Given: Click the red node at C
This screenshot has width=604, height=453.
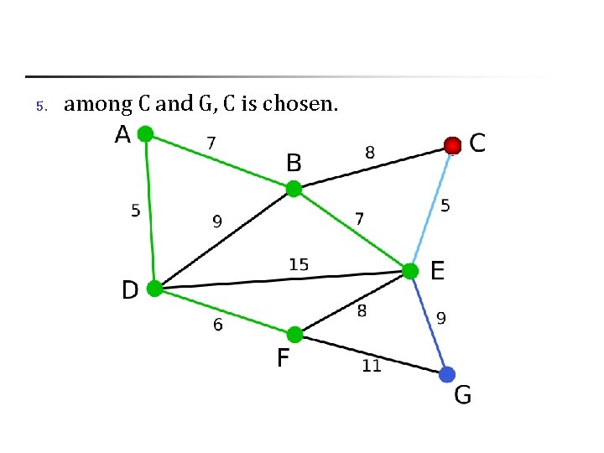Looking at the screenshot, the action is click(453, 145).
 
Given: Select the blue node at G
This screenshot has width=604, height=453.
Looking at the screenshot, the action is click(447, 374).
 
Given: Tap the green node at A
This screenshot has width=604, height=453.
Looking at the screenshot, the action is click(145, 133).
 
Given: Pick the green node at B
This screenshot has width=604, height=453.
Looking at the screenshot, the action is click(294, 189).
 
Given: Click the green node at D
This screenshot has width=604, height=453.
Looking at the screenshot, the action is click(154, 289).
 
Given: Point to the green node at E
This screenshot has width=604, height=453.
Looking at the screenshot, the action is click(409, 271).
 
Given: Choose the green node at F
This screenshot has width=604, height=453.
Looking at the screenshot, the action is click(294, 334).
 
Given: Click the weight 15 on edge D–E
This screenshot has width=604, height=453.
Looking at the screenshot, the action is click(299, 264).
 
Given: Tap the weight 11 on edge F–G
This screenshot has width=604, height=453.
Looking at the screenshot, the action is click(372, 366).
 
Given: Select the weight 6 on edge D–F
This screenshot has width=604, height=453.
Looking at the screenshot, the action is click(218, 325).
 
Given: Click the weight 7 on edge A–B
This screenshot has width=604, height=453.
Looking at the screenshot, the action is click(211, 143).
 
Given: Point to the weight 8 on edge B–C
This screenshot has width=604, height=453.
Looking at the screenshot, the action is click(370, 153).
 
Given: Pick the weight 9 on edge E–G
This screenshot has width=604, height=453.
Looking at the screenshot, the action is click(441, 318).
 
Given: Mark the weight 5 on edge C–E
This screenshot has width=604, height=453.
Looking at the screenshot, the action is click(445, 206).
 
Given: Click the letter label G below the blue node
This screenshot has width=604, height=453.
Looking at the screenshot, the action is click(462, 394).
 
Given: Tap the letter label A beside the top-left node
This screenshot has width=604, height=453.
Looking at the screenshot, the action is click(122, 134).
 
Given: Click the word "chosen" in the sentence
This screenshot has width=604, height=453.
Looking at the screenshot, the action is click(299, 104).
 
